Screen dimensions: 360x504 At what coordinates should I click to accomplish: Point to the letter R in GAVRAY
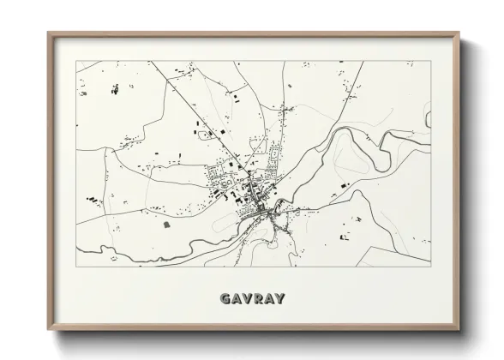tap(259, 299)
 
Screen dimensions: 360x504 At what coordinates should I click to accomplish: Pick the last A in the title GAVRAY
tap(269, 299)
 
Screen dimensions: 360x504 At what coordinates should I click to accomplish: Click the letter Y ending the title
tap(279, 299)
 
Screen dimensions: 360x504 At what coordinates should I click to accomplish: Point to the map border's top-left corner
tap(76, 61)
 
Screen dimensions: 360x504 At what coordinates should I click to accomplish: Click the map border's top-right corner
tap(429, 61)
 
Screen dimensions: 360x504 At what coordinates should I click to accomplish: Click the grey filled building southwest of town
tap(167, 224)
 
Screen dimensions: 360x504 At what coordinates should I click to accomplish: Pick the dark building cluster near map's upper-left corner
tap(115, 89)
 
